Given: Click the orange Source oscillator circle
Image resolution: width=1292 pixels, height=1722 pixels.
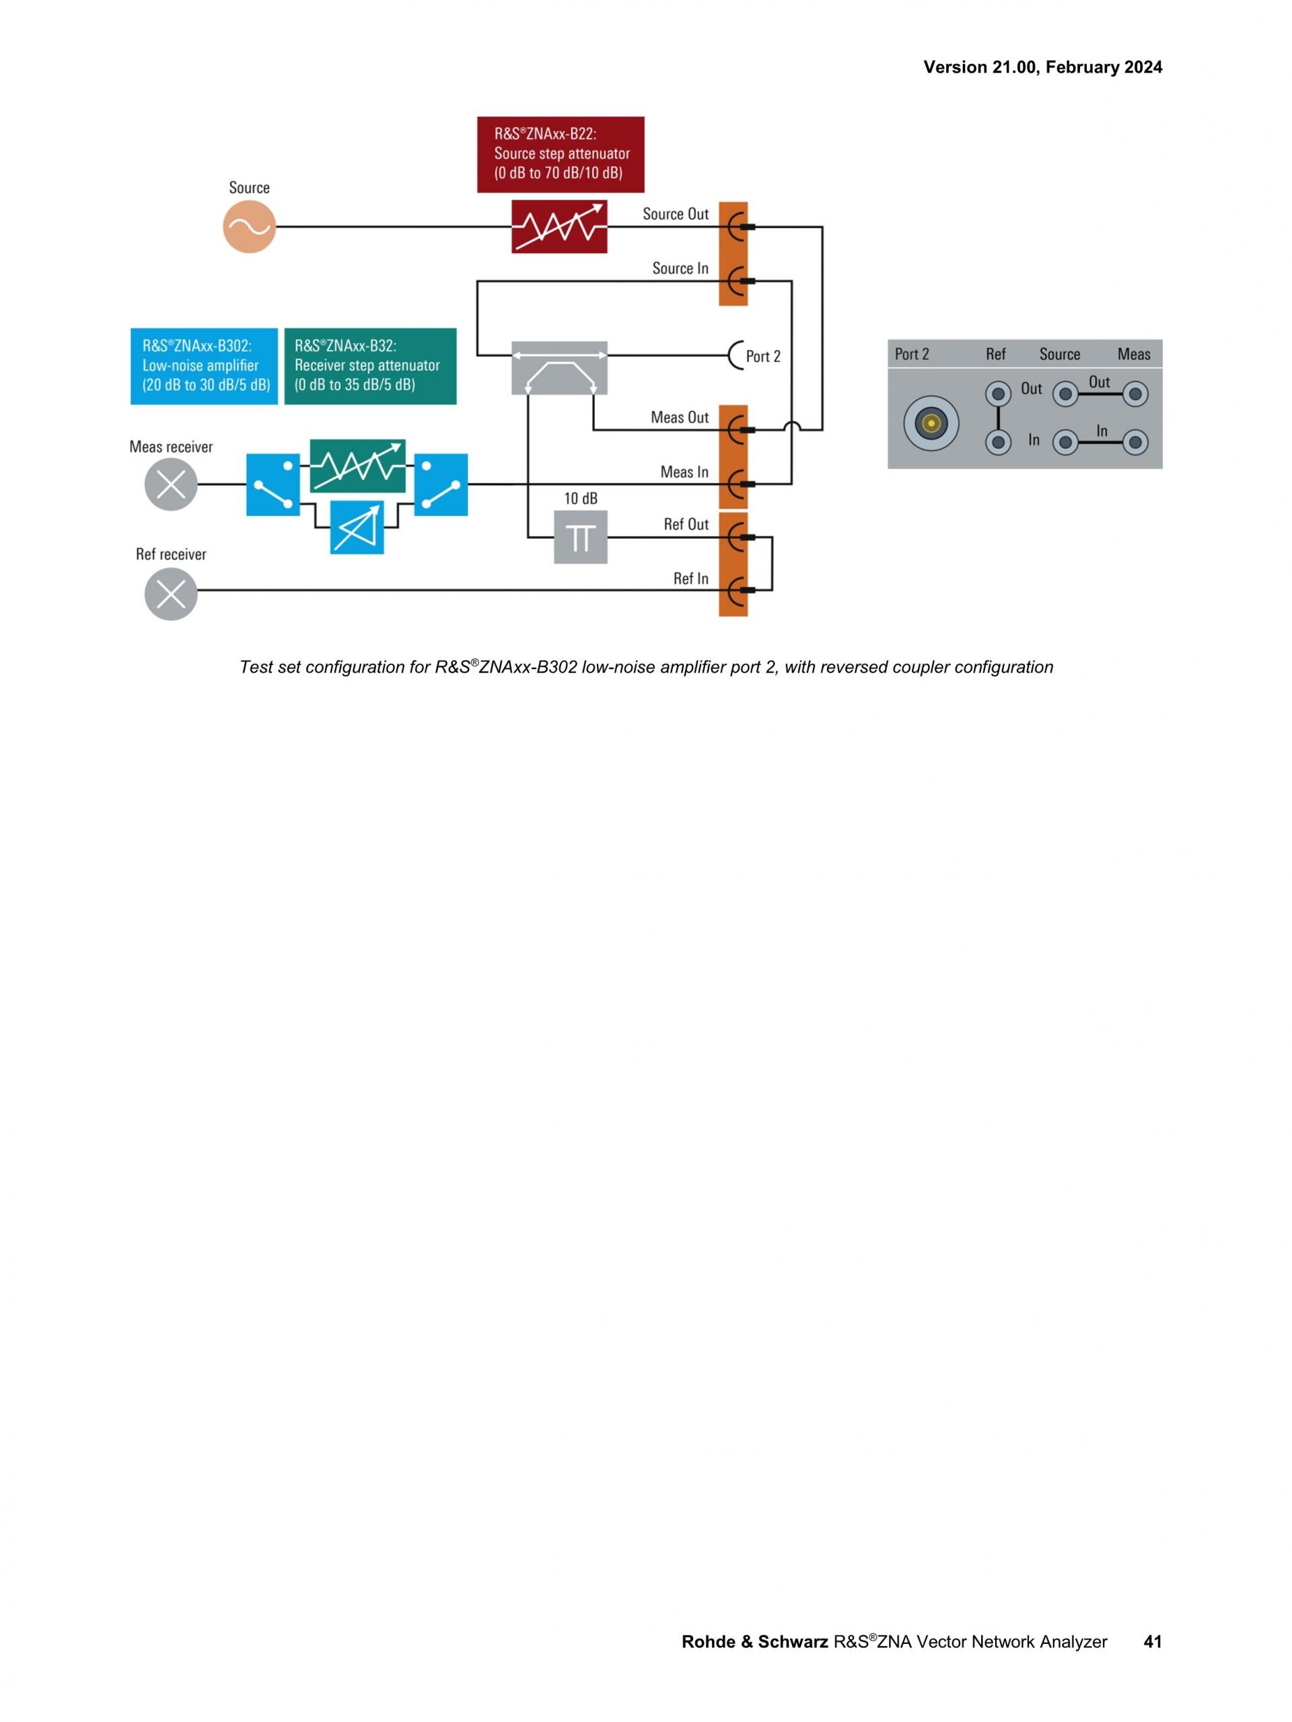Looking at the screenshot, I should pos(249,227).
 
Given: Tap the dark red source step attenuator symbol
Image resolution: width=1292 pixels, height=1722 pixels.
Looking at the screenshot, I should pos(559,227).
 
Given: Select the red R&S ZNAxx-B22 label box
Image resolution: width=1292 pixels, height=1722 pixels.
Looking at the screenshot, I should pos(561,154).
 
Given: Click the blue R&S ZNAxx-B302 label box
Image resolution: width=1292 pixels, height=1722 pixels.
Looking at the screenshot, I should pos(204,366).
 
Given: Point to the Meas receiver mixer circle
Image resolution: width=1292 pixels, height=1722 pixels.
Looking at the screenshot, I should pos(171,485).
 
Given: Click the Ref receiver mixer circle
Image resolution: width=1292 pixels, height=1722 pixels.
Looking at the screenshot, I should pos(171,594).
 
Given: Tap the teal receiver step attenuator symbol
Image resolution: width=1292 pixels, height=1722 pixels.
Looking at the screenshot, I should pos(357,466).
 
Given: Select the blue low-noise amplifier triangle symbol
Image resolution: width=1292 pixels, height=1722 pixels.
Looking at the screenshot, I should pos(357,527).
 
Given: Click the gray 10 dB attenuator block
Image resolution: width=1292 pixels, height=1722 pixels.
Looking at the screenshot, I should pos(580,537).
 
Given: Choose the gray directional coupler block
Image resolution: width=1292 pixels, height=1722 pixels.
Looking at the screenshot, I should pos(559,367).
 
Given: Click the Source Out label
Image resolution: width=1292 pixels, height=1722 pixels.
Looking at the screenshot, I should pos(675,214).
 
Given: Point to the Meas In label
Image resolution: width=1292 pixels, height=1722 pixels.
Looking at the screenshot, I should pos(684,472).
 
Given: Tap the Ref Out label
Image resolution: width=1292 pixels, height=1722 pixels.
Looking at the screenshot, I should pos(686,525).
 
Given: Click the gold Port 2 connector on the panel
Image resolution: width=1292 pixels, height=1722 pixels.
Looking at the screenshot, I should pos(931,423).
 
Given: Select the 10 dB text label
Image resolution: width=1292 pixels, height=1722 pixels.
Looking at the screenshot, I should pos(580,498).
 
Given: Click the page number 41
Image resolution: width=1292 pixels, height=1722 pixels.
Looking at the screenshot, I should pos(1152,1642).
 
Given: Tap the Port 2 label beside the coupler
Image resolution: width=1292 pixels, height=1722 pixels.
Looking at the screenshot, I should pos(762,357).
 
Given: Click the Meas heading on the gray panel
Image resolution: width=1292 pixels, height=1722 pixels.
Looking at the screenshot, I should pos(1133,354).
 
